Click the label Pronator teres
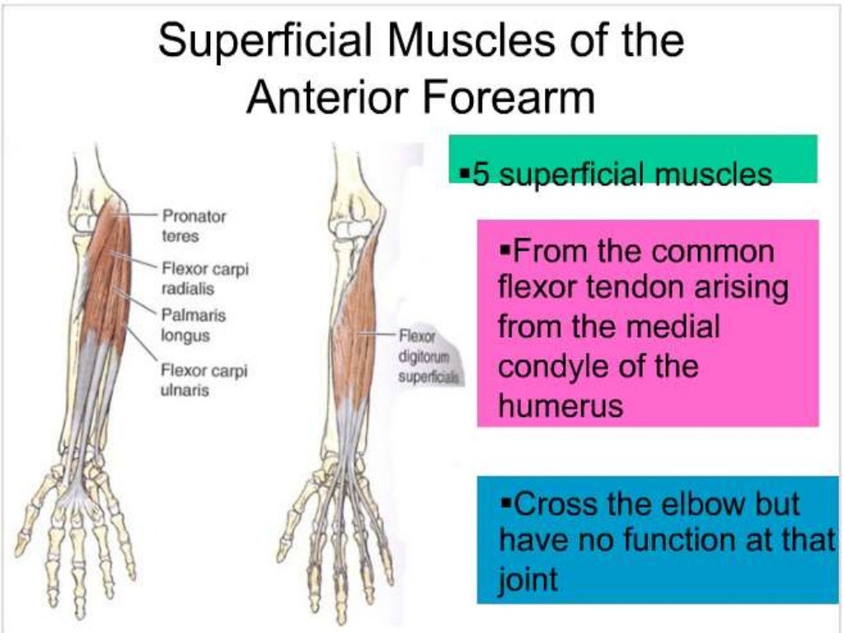tap(194, 225)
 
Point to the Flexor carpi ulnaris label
tap(203, 379)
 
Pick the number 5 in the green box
tap(477, 175)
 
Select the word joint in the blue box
tap(528, 579)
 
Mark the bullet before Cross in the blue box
tap(506, 501)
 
